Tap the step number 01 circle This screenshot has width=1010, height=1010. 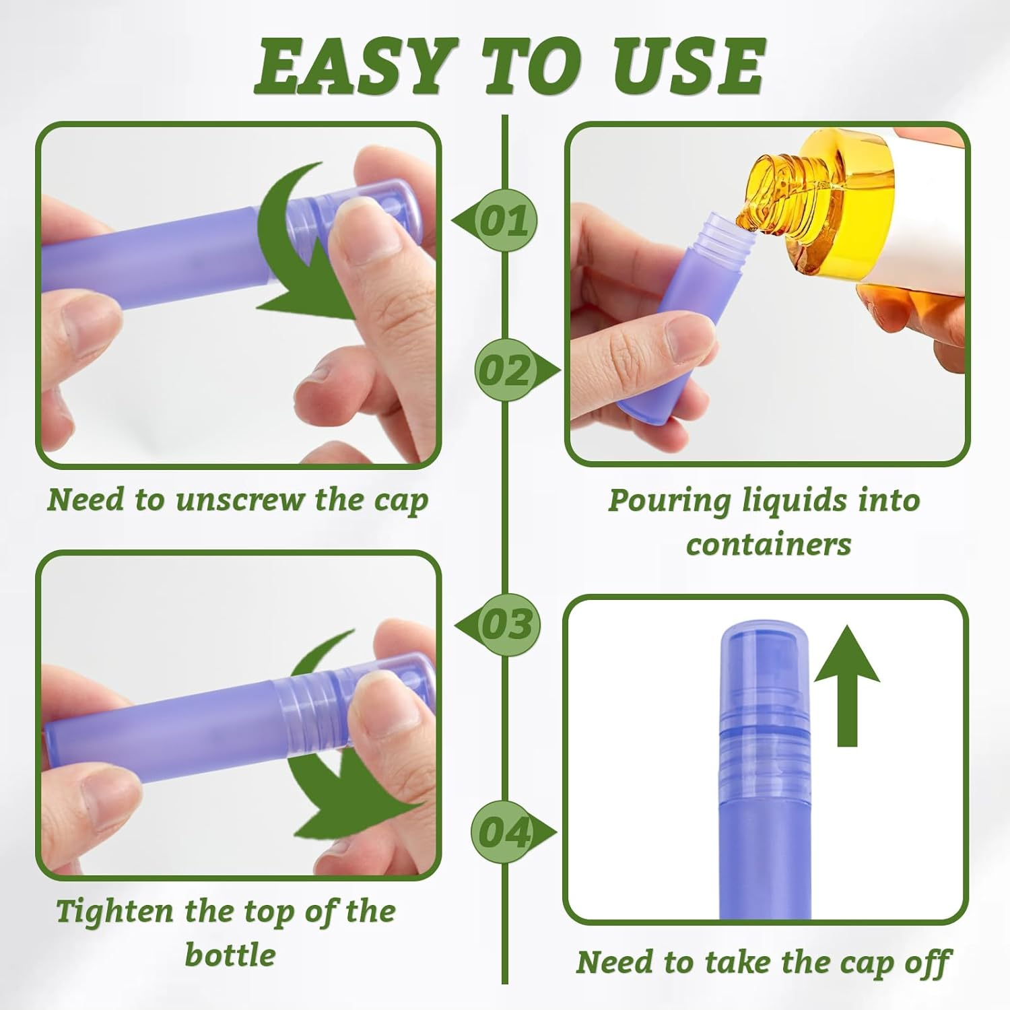(x=505, y=221)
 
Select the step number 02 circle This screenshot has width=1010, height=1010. (x=505, y=370)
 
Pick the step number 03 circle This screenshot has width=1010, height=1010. (x=506, y=624)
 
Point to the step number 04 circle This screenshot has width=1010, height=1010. (x=504, y=833)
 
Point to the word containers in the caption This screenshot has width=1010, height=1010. (x=768, y=544)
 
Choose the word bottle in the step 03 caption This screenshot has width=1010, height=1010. (x=230, y=955)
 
